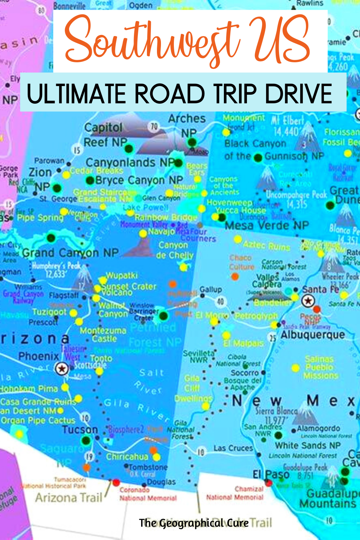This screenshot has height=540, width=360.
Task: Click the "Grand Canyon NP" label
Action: tap(70, 253)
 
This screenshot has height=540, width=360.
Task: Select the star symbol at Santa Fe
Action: tap(308, 301)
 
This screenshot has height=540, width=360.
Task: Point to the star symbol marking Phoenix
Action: tap(62, 368)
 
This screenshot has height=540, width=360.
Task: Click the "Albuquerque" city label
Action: tap(312, 335)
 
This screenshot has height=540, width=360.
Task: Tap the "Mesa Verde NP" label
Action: tap(267, 226)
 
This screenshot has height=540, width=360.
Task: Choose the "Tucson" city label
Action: tap(80, 429)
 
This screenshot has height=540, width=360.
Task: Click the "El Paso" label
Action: tap(271, 474)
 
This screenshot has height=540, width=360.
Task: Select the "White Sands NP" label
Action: tap(308, 445)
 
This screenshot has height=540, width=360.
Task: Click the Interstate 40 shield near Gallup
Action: tap(220, 301)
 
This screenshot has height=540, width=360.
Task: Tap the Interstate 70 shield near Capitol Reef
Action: tap(154, 126)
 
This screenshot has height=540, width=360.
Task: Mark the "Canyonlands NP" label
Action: tap(130, 163)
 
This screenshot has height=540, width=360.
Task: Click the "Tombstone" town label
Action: tap(148, 467)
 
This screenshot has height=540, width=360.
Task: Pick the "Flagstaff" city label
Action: tap(64, 296)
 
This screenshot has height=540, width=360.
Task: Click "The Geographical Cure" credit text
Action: tap(194, 523)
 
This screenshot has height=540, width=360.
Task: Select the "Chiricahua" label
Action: tap(127, 457)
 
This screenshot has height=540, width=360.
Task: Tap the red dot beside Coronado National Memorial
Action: tap(116, 482)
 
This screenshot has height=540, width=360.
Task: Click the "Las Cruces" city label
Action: tap(233, 448)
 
